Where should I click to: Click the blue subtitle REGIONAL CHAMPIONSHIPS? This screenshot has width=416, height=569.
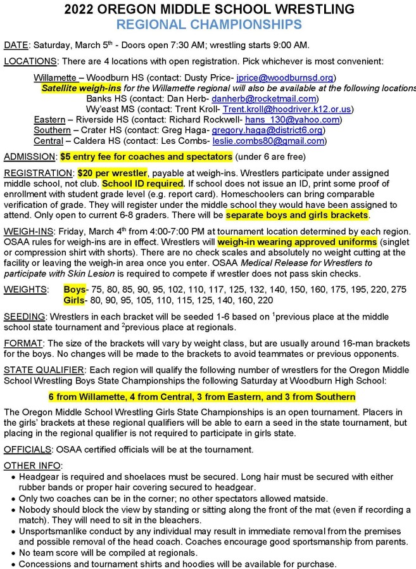coord(207,24)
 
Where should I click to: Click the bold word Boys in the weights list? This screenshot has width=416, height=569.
coord(76,289)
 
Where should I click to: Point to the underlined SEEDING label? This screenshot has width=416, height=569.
coord(23,316)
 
